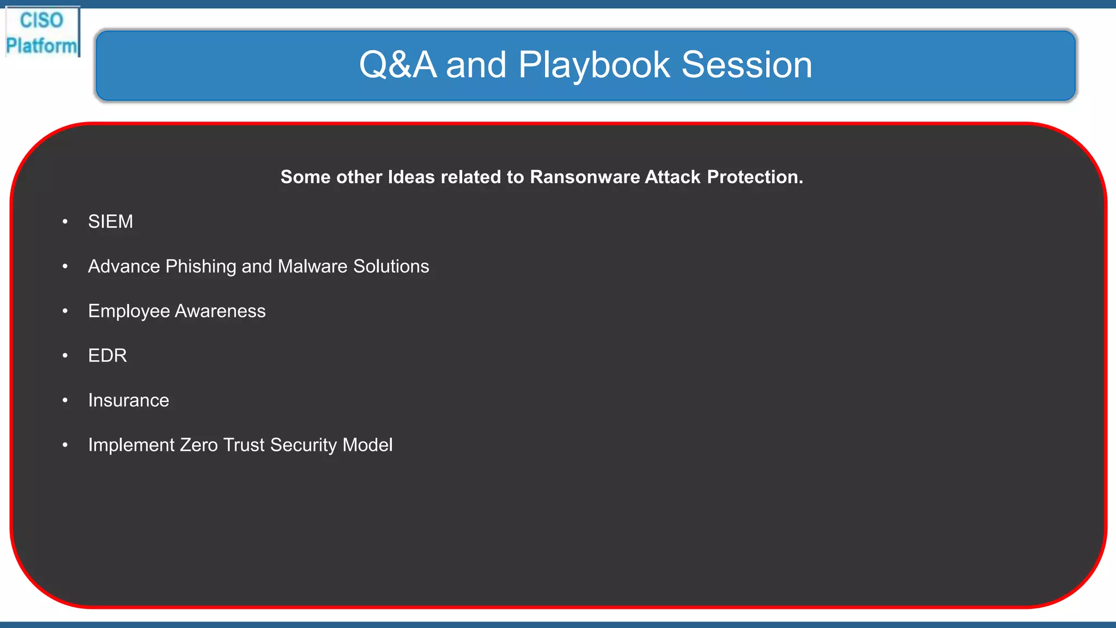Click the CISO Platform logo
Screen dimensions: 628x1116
pos(42,33)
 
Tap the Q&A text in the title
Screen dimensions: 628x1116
pos(397,65)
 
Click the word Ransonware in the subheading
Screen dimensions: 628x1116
pos(585,177)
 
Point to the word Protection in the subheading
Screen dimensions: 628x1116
pos(755,177)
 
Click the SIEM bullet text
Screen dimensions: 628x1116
pos(111,222)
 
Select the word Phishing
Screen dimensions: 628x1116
pos(201,267)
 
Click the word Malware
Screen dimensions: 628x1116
pos(312,267)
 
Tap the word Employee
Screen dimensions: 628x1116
pos(129,311)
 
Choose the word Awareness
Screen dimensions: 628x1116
pos(220,311)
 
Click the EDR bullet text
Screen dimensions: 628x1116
pos(107,356)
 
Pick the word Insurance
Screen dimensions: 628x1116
pos(129,401)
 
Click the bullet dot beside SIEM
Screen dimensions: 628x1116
pos(65,222)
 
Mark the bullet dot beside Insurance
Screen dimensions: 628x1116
pos(65,401)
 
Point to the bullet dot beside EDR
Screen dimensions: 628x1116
pos(65,356)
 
